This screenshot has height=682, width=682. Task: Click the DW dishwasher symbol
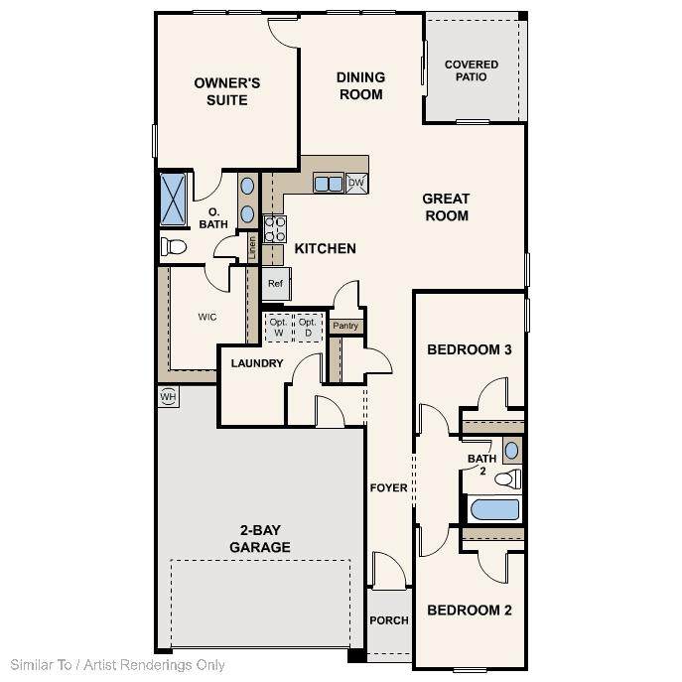pos(356,183)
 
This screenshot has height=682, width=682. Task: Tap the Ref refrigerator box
pos(276,284)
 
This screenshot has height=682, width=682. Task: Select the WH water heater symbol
pos(169,396)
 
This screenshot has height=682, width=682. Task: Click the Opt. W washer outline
pos(278,328)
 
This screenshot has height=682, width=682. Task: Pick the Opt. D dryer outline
pos(308,328)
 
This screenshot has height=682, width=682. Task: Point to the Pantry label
pos(345,326)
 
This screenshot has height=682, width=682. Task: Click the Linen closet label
pos(252,248)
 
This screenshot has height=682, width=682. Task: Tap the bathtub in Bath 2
pos(495,509)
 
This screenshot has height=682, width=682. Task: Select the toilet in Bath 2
pos(508,478)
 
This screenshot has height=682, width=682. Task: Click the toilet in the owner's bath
pos(174,246)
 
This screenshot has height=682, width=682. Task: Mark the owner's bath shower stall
pos(173,200)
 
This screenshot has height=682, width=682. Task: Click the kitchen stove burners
pos(275,228)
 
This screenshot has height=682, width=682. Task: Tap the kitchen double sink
pos(329,183)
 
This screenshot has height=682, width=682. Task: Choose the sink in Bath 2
pos(512,450)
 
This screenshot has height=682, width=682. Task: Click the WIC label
pos(207,317)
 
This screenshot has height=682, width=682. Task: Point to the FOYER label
pos(388,488)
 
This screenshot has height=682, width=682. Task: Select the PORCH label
pos(389,620)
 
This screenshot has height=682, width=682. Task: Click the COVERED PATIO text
pos(472,70)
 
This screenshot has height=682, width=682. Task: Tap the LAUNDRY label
pos(257,363)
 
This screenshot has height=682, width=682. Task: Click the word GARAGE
pos(260,547)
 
